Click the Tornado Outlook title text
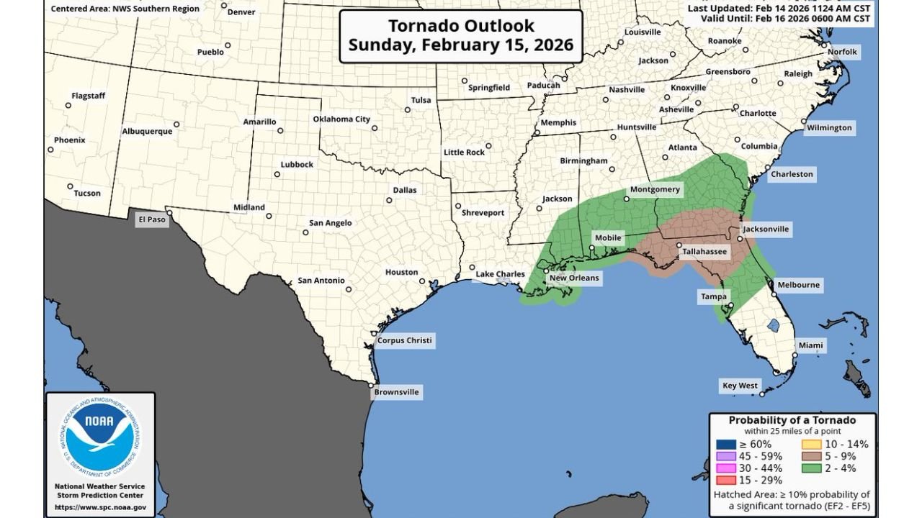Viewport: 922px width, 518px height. click(x=461, y=26)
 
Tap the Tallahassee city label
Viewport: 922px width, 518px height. click(x=705, y=252)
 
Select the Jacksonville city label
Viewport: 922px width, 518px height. click(x=766, y=230)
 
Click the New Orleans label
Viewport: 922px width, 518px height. click(x=574, y=278)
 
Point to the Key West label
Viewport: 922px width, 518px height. click(x=740, y=386)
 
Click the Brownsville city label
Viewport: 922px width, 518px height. click(x=397, y=393)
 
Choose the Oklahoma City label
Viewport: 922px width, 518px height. click(x=341, y=119)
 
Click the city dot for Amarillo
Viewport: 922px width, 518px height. click(x=280, y=131)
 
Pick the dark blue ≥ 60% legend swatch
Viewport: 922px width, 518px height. click(x=724, y=445)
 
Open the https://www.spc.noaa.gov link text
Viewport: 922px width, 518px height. click(x=100, y=507)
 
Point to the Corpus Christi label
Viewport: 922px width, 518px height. click(x=406, y=340)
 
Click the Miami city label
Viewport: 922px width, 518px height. click(x=810, y=346)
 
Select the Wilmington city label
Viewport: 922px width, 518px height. click(x=828, y=127)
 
